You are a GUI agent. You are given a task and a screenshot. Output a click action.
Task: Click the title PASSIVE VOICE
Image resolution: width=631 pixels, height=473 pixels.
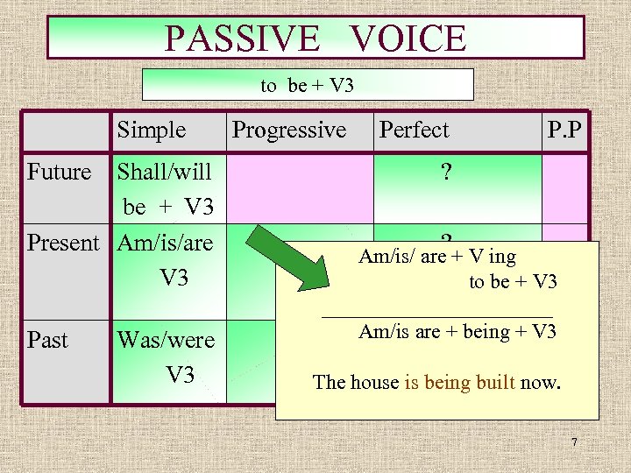click(315, 39)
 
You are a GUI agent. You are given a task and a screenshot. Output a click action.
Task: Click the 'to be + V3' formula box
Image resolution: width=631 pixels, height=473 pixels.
click(307, 85)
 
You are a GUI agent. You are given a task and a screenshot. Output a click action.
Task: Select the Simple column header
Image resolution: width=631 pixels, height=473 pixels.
click(152, 131)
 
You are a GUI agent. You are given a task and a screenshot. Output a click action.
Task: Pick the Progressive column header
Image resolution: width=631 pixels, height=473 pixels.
click(288, 131)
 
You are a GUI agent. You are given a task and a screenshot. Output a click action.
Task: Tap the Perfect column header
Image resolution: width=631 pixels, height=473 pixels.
click(414, 131)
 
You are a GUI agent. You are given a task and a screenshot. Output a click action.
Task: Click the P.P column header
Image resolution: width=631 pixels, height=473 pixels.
click(566, 131)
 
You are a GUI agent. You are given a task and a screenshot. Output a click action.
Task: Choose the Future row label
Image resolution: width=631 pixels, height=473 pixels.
click(59, 172)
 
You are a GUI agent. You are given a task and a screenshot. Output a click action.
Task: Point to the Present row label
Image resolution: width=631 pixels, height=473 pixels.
click(63, 243)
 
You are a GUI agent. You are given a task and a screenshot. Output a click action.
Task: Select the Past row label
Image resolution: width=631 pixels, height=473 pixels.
click(47, 339)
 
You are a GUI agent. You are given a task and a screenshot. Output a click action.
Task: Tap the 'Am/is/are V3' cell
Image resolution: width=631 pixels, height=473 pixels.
click(166, 260)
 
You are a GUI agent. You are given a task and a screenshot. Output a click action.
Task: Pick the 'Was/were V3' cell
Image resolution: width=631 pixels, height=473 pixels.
click(166, 357)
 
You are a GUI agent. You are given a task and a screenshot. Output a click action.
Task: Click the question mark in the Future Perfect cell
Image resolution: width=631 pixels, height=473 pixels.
click(447, 172)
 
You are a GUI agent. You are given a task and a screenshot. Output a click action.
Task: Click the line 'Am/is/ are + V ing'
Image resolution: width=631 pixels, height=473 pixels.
click(437, 257)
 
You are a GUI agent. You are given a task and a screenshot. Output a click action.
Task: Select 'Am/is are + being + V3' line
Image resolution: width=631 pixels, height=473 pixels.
click(457, 332)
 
